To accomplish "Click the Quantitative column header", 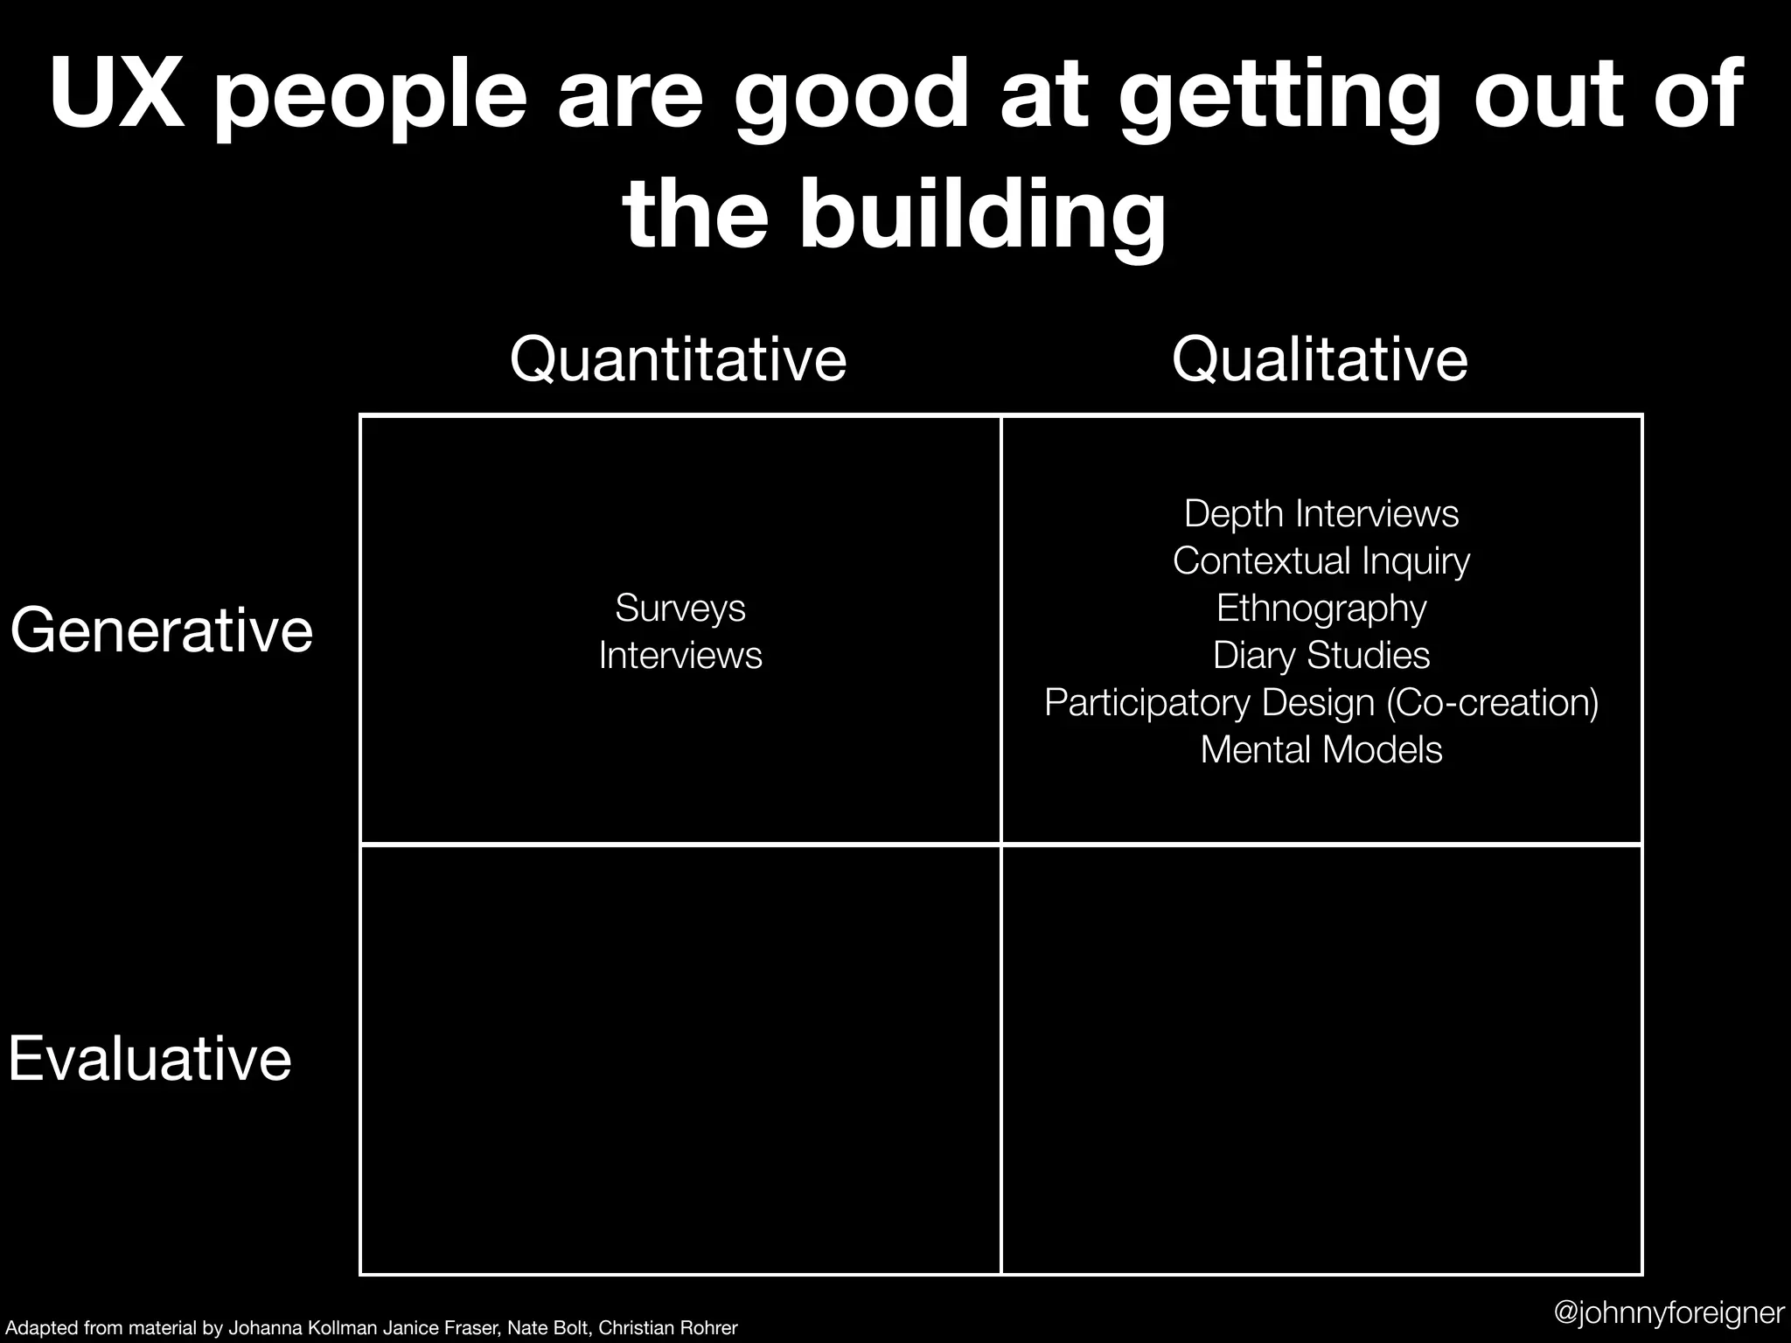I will click(x=678, y=359).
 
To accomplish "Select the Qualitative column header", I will click(x=1320, y=359).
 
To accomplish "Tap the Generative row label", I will click(x=162, y=630).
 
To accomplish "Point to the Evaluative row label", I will click(x=150, y=1059).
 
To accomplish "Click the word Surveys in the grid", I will click(x=680, y=608).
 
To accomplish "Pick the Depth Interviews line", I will click(x=1321, y=513).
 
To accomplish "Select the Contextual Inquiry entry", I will click(x=1321, y=560).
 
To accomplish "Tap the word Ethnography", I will click(x=1321, y=609).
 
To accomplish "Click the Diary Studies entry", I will click(x=1321, y=655).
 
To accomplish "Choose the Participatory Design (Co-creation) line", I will click(x=1321, y=702).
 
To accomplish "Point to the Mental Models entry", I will click(x=1321, y=749).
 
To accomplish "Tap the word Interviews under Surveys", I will click(x=680, y=655).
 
